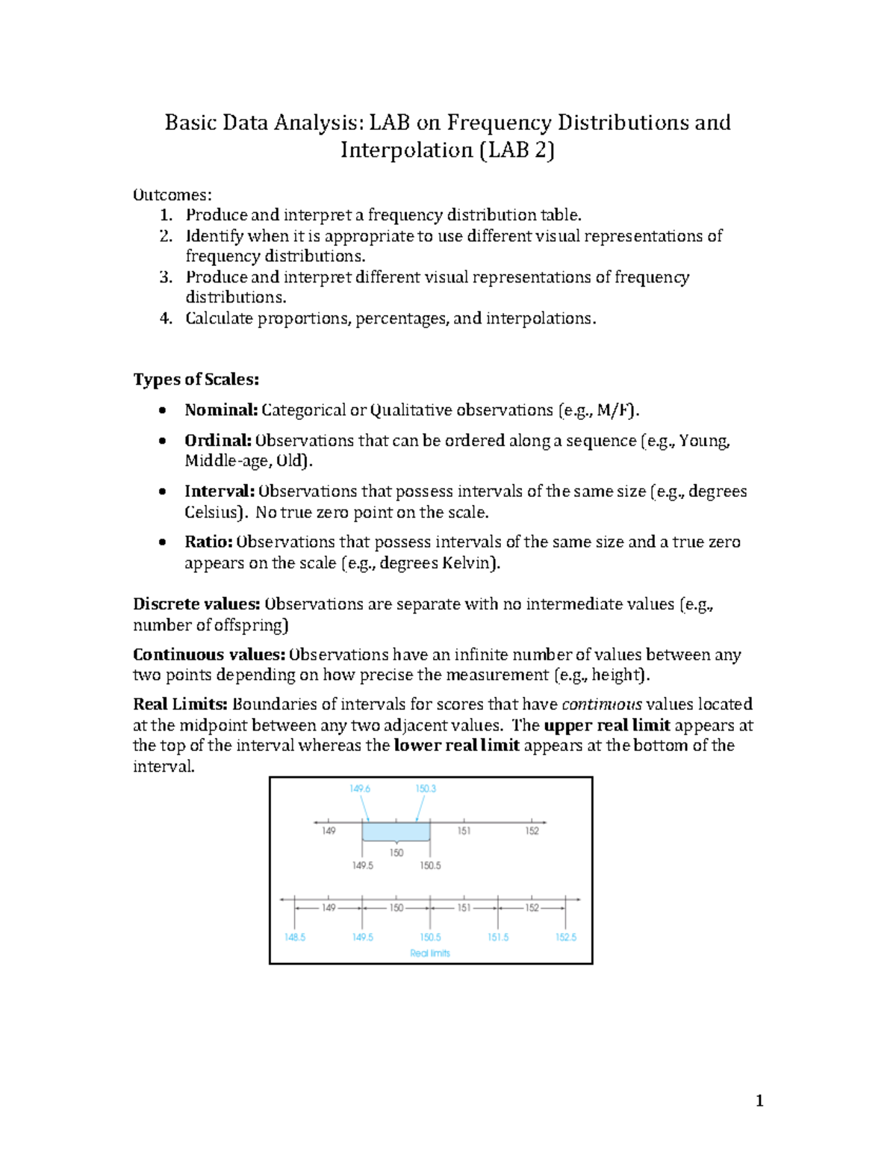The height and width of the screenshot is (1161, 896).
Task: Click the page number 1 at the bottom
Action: pos(759,1100)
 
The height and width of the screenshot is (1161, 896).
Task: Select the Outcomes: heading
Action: pos(172,195)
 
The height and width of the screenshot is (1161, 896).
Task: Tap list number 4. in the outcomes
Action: pos(166,318)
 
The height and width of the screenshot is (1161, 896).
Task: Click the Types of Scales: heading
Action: pos(196,380)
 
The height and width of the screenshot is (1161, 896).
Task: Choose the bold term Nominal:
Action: pos(221,410)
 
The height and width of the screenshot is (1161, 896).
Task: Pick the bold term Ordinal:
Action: pos(218,441)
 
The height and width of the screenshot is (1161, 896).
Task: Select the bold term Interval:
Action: pos(220,492)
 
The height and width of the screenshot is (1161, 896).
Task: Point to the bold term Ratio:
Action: pos(209,542)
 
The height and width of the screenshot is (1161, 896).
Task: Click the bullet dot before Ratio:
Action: pos(163,542)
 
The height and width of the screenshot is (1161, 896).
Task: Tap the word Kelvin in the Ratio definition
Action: pos(468,563)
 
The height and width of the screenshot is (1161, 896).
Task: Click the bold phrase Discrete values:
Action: pos(196,604)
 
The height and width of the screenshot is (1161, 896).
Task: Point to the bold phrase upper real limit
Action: pos(607,725)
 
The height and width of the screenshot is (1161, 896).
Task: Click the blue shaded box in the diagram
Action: pos(396,832)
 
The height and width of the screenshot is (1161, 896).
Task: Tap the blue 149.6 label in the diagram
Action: pos(360,789)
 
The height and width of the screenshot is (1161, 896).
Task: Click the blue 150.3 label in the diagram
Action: pos(426,789)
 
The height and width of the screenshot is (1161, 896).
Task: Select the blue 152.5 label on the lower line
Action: pos(566,937)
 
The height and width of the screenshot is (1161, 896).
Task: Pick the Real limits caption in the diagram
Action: pos(430,953)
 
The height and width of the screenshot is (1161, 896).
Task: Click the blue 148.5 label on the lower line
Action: pos(295,937)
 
